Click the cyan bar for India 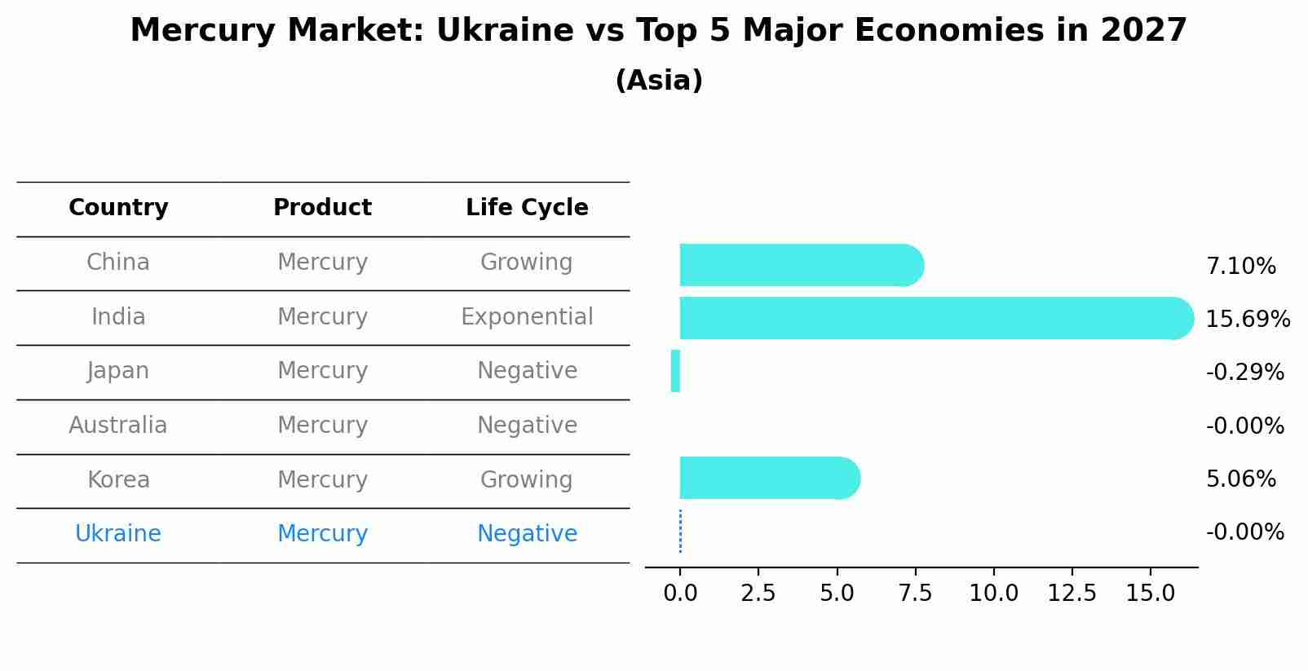point(930,318)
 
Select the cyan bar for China point(799,265)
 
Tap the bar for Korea point(767,478)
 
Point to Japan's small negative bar point(675,371)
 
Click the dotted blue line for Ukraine point(680,532)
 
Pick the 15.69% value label point(1247,320)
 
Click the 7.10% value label point(1240,267)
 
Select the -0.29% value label point(1244,373)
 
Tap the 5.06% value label point(1240,479)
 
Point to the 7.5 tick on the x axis point(915,594)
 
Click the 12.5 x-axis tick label point(1072,594)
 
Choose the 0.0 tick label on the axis point(680,594)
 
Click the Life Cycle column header point(527,208)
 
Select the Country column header point(118,208)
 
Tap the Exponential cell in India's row point(527,316)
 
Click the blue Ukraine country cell point(118,534)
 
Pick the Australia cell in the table point(118,426)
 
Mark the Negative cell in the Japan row point(527,371)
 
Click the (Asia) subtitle point(659,81)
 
